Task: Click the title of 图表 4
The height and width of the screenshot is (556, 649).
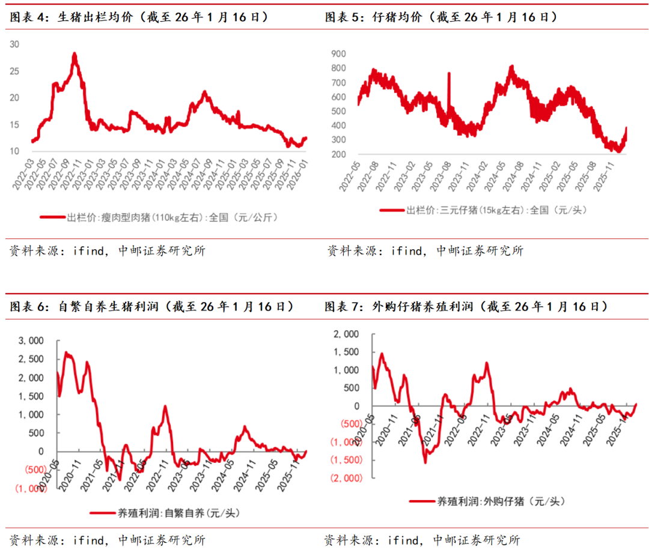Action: [x=139, y=17]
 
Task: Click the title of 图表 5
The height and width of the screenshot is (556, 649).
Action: [x=441, y=17]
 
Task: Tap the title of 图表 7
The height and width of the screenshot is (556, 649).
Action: [x=465, y=307]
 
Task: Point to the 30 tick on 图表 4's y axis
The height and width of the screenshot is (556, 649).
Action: [x=15, y=44]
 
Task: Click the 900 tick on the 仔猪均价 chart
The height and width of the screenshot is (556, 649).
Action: [x=338, y=53]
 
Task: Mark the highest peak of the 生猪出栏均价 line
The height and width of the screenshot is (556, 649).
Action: [x=75, y=54]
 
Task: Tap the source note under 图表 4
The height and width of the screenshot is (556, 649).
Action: [x=108, y=250]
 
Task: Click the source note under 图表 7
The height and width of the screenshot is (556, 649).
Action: [x=421, y=540]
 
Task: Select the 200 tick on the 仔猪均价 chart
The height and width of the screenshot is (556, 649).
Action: [x=338, y=154]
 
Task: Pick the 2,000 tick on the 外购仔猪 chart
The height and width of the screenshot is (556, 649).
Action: [x=347, y=334]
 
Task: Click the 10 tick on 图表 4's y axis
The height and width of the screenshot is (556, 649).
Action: [x=15, y=151]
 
